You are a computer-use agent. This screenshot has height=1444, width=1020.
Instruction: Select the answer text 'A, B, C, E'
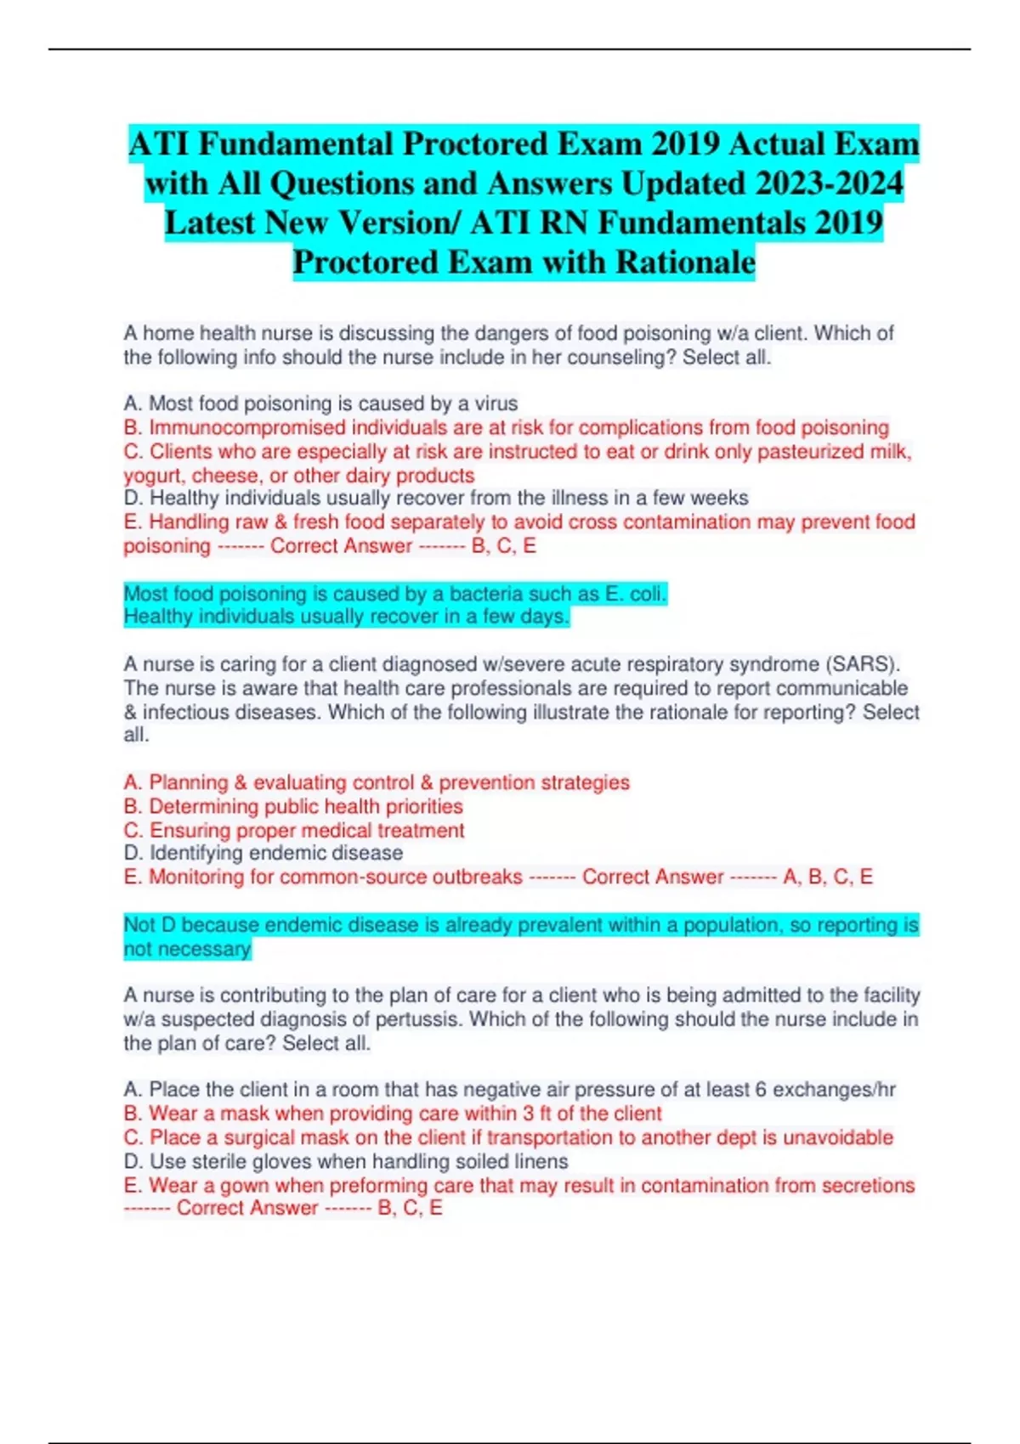[828, 877]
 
